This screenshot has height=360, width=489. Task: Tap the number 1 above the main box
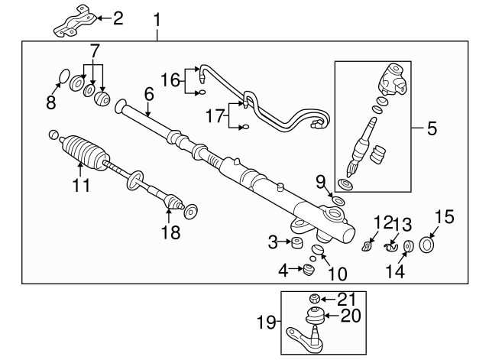[x=158, y=15]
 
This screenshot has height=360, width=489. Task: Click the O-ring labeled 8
[x=65, y=75]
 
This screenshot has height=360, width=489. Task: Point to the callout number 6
[x=148, y=94]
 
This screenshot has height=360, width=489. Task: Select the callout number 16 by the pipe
[x=170, y=79]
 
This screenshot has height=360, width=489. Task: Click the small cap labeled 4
[x=309, y=269]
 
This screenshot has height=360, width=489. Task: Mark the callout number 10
[x=337, y=274]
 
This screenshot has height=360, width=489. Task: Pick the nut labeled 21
[x=313, y=297]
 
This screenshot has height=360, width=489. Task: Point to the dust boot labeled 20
[x=313, y=314]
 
